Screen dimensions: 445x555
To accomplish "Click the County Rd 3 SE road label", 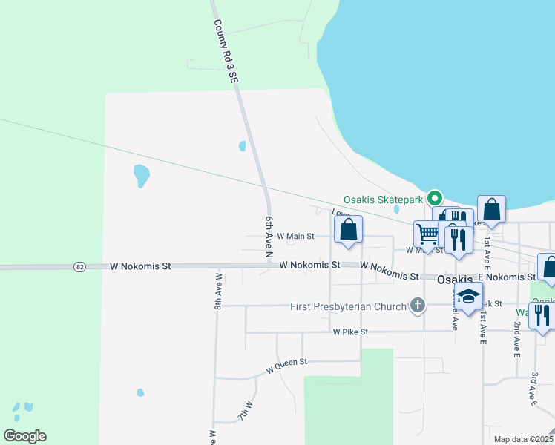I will [226, 50].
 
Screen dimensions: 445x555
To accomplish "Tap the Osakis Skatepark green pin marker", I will [436, 198].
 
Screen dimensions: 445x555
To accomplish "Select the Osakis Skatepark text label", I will [383, 200].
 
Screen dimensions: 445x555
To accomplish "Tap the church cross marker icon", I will [418, 305].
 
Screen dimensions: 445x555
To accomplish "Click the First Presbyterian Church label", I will [348, 306].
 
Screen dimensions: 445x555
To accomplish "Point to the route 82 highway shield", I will [81, 266].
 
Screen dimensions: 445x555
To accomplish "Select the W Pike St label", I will [350, 332].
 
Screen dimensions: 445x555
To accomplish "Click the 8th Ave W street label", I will [219, 290].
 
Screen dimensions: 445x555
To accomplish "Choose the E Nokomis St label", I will [507, 277].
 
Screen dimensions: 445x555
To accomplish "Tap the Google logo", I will [24, 436].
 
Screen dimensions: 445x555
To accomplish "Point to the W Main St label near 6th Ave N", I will [296, 237].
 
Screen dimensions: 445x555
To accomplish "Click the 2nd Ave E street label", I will [516, 339].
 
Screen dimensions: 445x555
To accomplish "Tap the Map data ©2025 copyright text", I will [522, 439].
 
